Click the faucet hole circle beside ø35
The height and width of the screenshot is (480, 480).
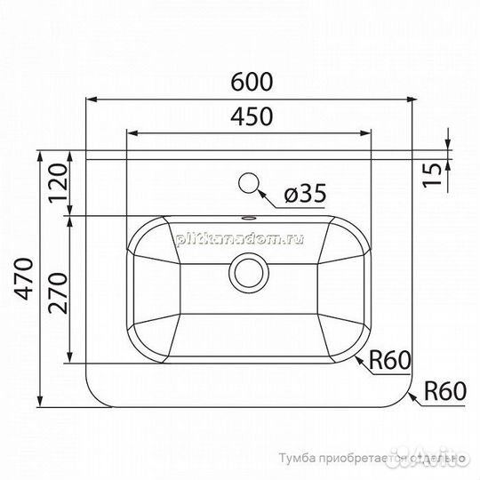[x=250, y=184]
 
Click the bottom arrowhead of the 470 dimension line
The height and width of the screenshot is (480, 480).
[x=41, y=401]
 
